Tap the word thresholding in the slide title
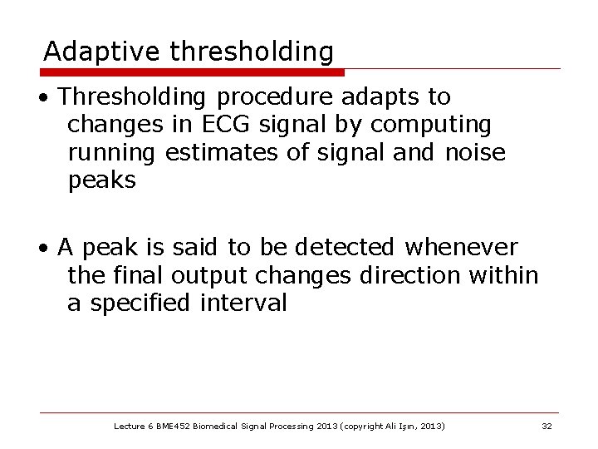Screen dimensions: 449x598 [x=252, y=52]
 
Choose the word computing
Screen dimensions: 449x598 [x=431, y=126]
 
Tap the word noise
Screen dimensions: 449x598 [x=475, y=152]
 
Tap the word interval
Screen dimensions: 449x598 [x=243, y=303]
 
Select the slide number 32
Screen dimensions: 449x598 [x=547, y=427]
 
